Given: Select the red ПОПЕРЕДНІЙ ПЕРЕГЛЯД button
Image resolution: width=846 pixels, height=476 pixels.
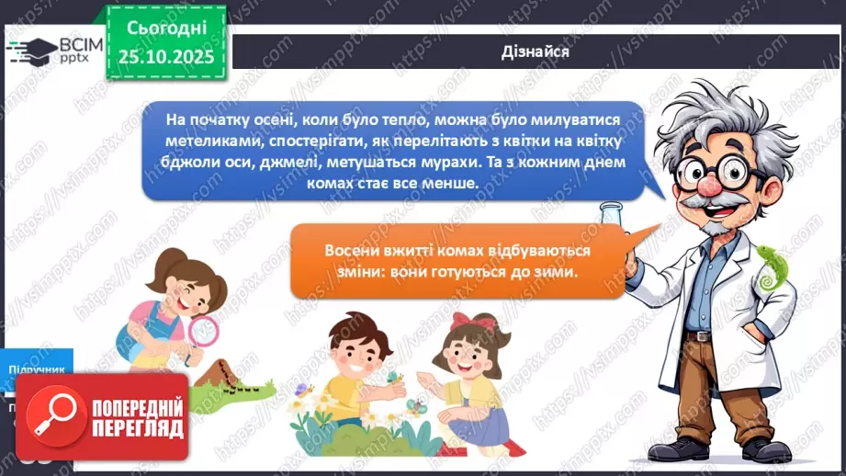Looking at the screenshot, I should [102, 414].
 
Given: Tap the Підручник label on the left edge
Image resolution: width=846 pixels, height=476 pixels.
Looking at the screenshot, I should [35, 369].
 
